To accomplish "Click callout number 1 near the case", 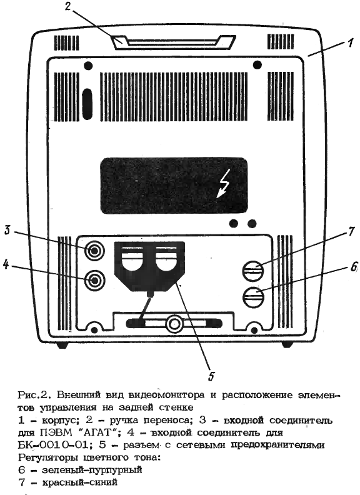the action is (x=351, y=42).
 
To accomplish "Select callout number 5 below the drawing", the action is (x=211, y=376).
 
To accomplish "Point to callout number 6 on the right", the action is (x=354, y=267).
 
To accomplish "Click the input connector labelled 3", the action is (x=94, y=251).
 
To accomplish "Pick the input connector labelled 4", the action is (x=94, y=280).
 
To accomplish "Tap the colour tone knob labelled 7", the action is (x=253, y=271).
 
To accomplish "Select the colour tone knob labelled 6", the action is (x=253, y=297).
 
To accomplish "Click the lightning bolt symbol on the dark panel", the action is (x=223, y=186).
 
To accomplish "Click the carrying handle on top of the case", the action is (x=173, y=42).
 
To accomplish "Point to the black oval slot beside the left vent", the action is (x=87, y=104).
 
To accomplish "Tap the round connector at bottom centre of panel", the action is (x=173, y=324).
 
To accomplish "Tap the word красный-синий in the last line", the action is (x=79, y=482).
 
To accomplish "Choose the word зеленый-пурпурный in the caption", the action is (x=92, y=470).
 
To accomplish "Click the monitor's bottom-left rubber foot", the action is (x=62, y=345).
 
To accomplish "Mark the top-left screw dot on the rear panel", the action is (x=89, y=66).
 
